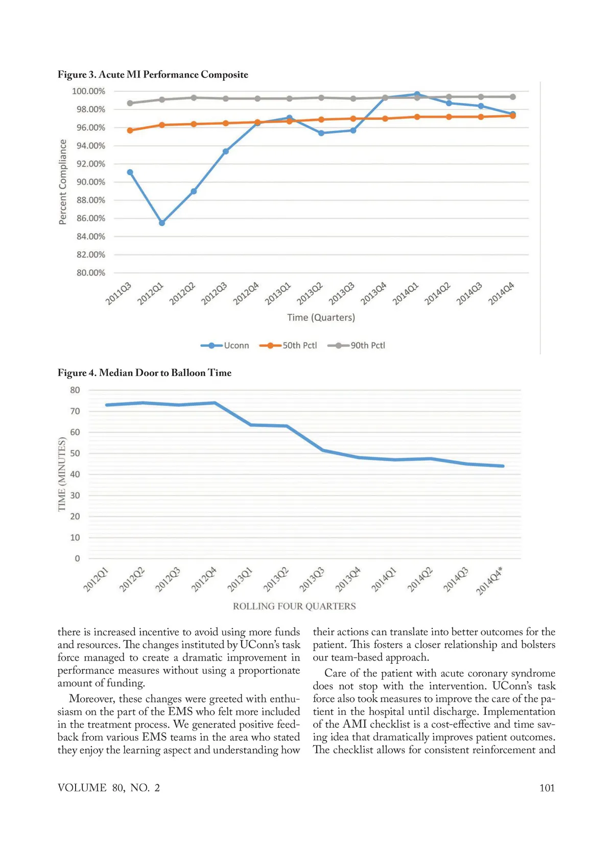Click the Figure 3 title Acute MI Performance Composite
click(153, 75)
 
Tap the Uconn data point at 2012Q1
click(162, 223)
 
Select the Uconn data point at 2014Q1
click(417, 94)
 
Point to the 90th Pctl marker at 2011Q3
click(130, 103)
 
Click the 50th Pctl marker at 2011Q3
click(130, 130)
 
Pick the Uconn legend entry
click(225, 345)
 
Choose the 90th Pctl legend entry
click(357, 345)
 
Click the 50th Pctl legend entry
click(289, 345)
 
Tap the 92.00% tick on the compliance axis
click(91, 164)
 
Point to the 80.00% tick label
click(91, 273)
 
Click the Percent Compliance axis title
click(63, 182)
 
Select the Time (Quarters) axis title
click(321, 317)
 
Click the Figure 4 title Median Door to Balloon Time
click(145, 373)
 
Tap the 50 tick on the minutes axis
click(75, 453)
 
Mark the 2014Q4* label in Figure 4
click(489, 581)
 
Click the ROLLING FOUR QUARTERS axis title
click(294, 606)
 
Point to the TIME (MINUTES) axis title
click(62, 474)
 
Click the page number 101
click(547, 788)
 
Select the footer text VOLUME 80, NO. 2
click(109, 788)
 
